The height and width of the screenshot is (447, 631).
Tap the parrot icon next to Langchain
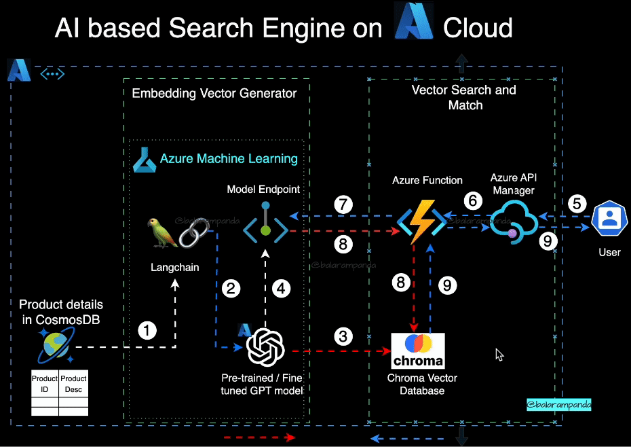click(161, 232)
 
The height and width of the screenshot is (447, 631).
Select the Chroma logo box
click(418, 350)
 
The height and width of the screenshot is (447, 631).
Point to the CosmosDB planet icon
click(54, 344)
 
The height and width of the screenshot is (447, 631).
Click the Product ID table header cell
click(45, 383)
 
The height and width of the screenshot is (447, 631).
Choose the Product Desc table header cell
click(73, 383)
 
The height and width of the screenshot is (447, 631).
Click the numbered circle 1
click(147, 331)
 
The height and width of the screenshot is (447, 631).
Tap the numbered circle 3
click(344, 336)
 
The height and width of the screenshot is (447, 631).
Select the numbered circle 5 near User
click(577, 203)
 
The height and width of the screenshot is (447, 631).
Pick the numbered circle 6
click(474, 200)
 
